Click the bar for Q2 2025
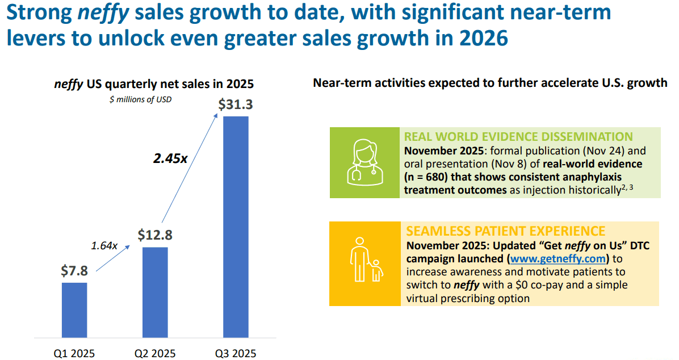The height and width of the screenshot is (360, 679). [155, 293]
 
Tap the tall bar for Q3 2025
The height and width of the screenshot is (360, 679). [236, 228]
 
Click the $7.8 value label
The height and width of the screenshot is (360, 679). [74, 271]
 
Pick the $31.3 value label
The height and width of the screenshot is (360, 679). [236, 105]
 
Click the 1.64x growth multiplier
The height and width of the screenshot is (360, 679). [104, 246]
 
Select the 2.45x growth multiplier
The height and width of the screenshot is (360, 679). [170, 158]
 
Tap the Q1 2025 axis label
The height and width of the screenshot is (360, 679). [74, 353]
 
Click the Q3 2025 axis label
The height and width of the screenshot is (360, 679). [236, 353]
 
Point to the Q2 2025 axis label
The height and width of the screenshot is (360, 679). [155, 353]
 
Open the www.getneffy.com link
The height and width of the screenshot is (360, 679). [559, 259]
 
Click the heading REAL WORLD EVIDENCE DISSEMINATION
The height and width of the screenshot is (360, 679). [518, 137]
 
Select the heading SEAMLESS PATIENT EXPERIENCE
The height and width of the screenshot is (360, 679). [505, 231]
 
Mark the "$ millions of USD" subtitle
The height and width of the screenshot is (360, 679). [140, 99]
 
